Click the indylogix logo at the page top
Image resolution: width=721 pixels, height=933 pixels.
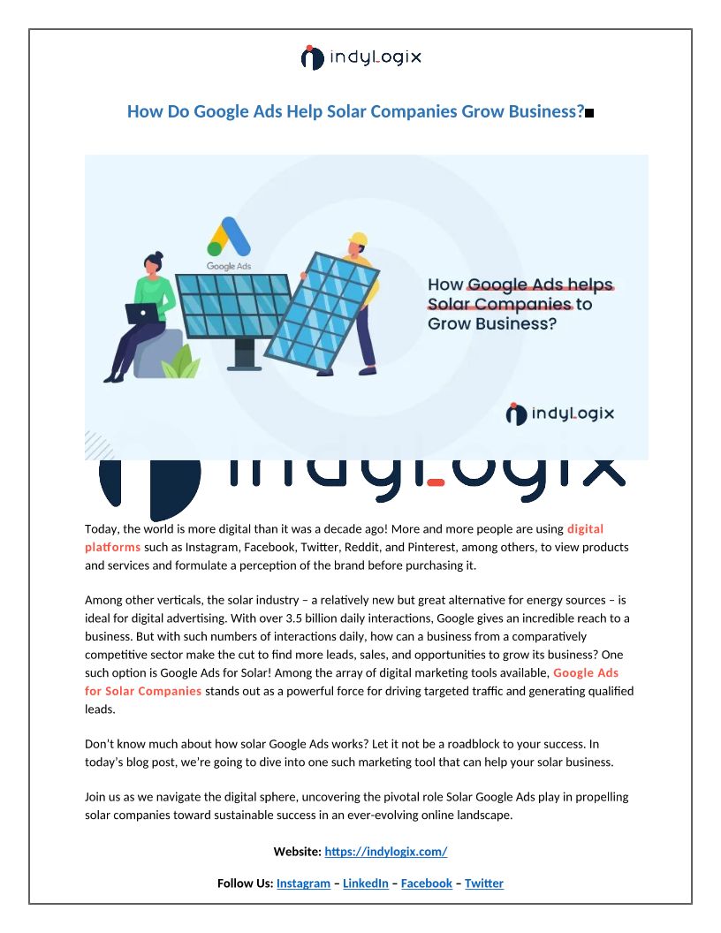click(x=360, y=57)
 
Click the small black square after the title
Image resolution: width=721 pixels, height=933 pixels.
click(x=589, y=113)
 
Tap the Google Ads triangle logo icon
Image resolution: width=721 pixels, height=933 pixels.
click(x=229, y=239)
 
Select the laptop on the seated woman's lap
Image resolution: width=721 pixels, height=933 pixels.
click(x=141, y=313)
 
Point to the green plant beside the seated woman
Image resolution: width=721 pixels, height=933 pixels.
click(x=182, y=362)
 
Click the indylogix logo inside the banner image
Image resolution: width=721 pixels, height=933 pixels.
click(x=559, y=413)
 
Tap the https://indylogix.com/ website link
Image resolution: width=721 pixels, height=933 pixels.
click(x=386, y=852)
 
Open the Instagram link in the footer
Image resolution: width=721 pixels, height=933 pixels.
click(x=303, y=884)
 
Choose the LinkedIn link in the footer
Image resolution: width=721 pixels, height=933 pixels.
click(x=365, y=884)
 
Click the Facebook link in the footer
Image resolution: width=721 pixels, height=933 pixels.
click(x=426, y=884)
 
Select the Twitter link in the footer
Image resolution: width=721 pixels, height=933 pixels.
click(x=484, y=884)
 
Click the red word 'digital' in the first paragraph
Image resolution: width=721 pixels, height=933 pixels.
click(x=585, y=529)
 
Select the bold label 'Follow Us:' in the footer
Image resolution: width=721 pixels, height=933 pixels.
click(x=245, y=884)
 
